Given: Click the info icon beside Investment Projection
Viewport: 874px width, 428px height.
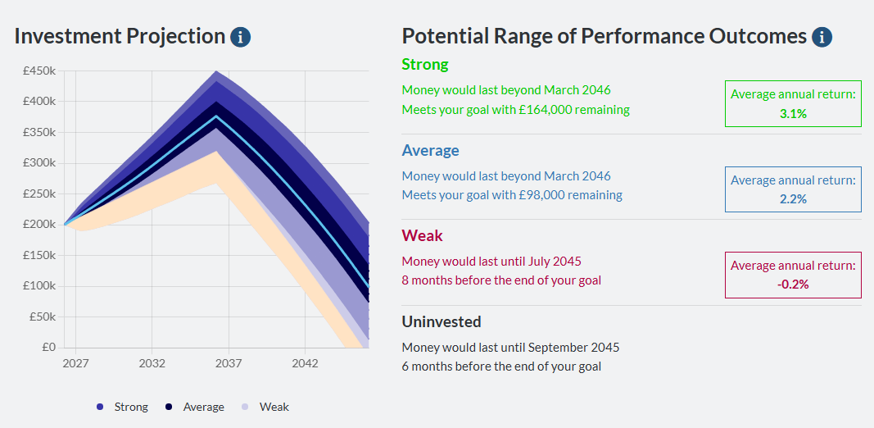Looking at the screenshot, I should [x=240, y=37].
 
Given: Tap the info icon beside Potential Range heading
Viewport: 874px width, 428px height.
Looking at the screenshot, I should [x=822, y=37].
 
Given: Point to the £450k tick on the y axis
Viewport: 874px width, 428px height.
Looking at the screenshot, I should [x=39, y=71].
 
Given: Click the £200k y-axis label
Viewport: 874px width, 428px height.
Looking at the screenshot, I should [x=39, y=224].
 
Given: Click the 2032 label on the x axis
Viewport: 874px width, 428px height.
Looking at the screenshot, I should [x=152, y=362].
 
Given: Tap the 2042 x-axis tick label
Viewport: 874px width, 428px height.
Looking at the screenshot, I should [x=305, y=362].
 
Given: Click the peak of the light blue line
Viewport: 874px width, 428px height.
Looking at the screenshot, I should [x=217, y=116].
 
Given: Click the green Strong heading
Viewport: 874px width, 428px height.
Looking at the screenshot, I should [x=424, y=64].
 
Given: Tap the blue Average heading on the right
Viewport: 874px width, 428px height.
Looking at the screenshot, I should [x=430, y=150].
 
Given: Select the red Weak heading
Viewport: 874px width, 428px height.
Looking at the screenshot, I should [x=422, y=235].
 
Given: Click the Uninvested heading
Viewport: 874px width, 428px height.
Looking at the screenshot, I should [x=441, y=321].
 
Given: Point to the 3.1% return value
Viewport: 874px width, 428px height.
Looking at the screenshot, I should [x=792, y=114].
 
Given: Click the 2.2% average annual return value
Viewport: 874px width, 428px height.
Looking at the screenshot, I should [x=792, y=199].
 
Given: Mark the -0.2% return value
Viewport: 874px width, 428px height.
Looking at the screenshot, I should [x=792, y=285].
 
